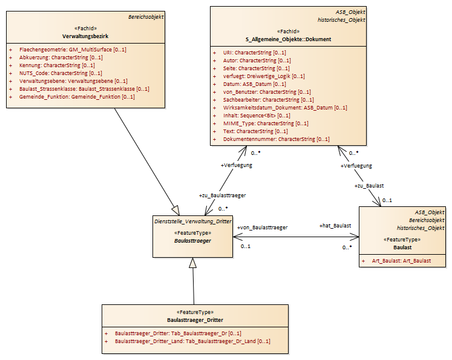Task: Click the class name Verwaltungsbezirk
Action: (85, 36)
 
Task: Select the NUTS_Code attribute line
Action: (61, 73)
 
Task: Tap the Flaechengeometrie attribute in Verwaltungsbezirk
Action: (73, 50)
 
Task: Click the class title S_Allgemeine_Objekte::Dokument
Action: (288, 39)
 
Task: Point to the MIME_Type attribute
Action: (266, 123)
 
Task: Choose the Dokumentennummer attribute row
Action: (276, 139)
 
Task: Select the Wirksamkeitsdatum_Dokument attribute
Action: (285, 108)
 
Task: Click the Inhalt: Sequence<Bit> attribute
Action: (257, 116)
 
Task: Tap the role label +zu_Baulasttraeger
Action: (222, 195)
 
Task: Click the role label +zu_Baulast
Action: (369, 186)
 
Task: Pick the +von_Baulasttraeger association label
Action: (263, 227)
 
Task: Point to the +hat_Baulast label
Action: (335, 226)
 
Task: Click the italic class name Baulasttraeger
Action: (192, 241)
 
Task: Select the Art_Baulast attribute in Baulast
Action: (401, 261)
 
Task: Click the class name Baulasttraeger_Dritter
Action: (195, 320)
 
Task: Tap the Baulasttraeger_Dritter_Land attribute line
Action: (192, 341)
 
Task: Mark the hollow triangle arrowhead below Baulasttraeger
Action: (192, 263)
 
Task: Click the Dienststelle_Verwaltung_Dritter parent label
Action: (193, 221)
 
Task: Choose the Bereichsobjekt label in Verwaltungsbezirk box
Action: (146, 17)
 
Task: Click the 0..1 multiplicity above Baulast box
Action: (387, 200)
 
